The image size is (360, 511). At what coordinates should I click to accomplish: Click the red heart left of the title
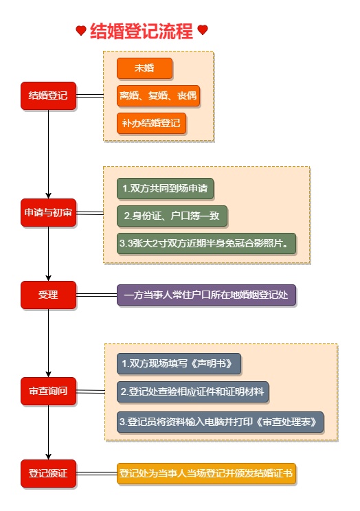click(x=81, y=30)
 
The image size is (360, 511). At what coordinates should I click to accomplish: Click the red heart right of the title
click(x=202, y=30)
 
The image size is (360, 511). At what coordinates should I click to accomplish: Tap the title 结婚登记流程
click(x=142, y=30)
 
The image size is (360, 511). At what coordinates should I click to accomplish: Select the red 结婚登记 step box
click(x=48, y=95)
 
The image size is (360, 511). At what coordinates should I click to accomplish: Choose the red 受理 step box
click(x=48, y=295)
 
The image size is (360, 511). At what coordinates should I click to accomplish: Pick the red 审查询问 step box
click(x=48, y=391)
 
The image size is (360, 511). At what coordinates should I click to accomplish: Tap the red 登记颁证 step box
click(x=48, y=473)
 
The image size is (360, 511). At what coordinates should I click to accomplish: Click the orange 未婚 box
click(x=144, y=69)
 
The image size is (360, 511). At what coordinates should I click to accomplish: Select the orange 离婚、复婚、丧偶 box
click(x=158, y=96)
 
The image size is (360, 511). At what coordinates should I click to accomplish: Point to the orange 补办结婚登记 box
click(x=151, y=124)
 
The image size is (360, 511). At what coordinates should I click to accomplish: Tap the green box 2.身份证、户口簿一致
click(x=172, y=216)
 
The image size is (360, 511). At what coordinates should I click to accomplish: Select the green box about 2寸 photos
click(x=207, y=243)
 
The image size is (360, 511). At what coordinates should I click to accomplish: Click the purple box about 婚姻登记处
click(x=206, y=295)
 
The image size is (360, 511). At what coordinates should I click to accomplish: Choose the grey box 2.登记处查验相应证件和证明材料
click(x=192, y=391)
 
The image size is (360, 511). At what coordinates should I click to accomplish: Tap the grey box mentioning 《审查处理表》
click(x=220, y=422)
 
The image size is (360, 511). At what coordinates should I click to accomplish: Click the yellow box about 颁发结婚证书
click(x=206, y=473)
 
